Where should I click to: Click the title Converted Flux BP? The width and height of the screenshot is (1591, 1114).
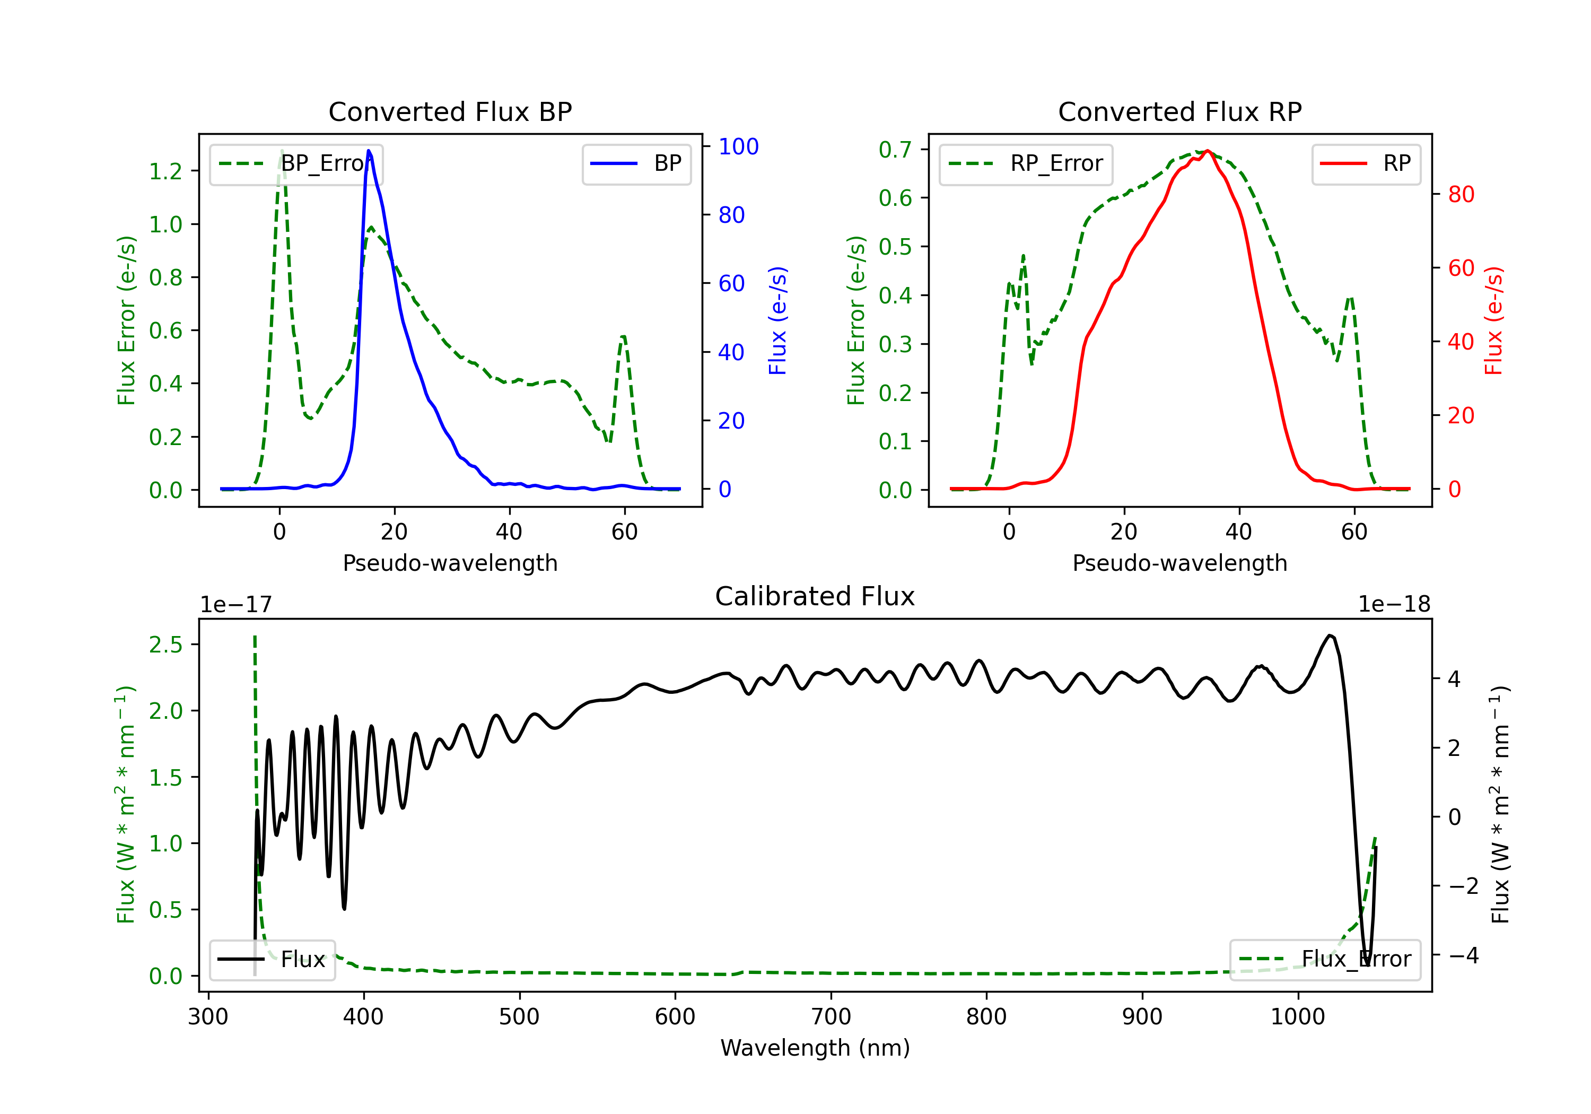point(450,111)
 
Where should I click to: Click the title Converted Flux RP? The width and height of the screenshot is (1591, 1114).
point(1179,111)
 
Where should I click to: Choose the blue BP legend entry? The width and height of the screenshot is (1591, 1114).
point(636,163)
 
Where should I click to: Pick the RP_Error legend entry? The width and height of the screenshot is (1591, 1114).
point(1026,163)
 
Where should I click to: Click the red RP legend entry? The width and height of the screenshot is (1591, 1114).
point(1365,163)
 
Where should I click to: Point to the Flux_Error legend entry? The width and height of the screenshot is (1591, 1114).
point(1324,960)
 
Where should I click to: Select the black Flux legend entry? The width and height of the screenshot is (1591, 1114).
point(272,960)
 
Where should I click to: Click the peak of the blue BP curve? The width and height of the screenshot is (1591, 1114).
point(369,151)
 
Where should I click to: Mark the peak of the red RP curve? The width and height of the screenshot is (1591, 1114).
point(1207,151)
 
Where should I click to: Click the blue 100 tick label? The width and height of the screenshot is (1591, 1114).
point(738,146)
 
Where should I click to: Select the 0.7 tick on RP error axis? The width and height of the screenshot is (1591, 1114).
point(895,149)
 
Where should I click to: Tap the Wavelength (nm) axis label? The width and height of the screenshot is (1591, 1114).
point(815,1048)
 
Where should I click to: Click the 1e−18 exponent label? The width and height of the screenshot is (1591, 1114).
point(1394,605)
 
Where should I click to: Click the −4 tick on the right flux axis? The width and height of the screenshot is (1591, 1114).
point(1463,955)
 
